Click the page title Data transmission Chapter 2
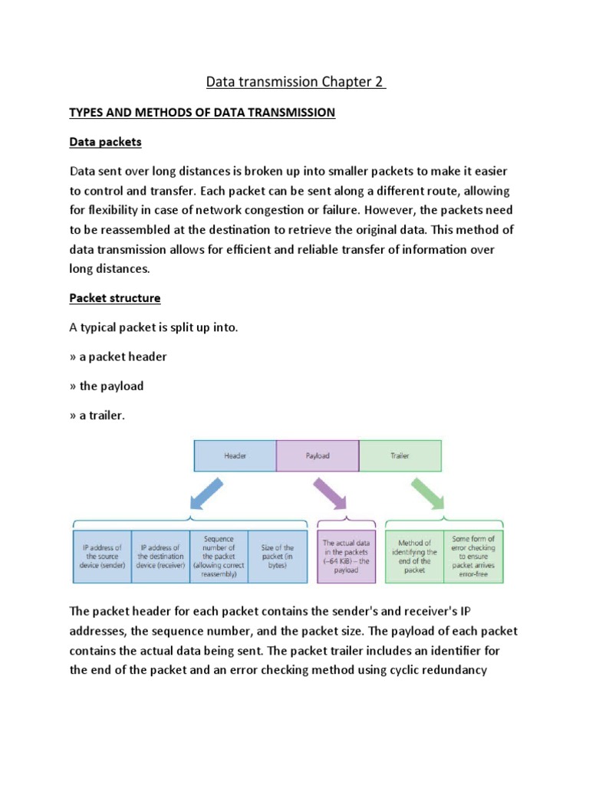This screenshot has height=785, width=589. (x=294, y=81)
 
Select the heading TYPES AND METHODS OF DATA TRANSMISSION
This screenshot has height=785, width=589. (x=202, y=113)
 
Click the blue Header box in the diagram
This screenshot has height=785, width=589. (x=235, y=455)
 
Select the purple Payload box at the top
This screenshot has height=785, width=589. (x=318, y=455)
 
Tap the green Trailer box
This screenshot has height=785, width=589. (x=400, y=455)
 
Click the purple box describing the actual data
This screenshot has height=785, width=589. (x=346, y=555)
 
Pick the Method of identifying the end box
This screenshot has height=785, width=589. (x=414, y=555)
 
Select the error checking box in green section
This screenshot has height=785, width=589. (x=473, y=553)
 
